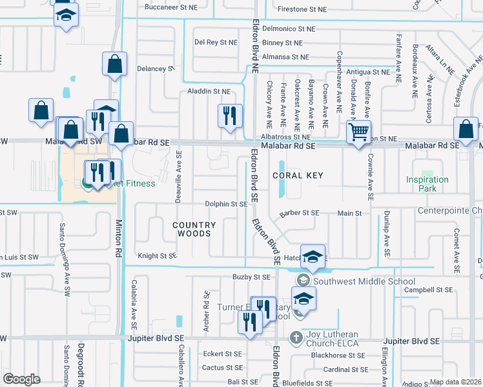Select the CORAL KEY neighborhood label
pyautogui.click(x=297, y=175)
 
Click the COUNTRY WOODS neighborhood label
pyautogui.click(x=194, y=229)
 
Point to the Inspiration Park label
pyautogui.click(x=427, y=184)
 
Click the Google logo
pyautogui.click(x=22, y=379)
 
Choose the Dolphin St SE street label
pyautogui.click(x=226, y=204)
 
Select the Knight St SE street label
pyautogui.click(x=158, y=256)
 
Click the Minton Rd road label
pyautogui.click(x=119, y=232)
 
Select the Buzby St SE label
pyautogui.click(x=232, y=277)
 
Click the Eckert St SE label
pyautogui.click(x=222, y=354)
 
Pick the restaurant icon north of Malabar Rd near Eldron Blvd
pyautogui.click(x=230, y=115)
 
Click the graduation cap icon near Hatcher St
pyautogui.click(x=313, y=256)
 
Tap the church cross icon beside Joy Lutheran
pyautogui.click(x=296, y=337)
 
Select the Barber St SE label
pyautogui.click(x=299, y=213)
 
